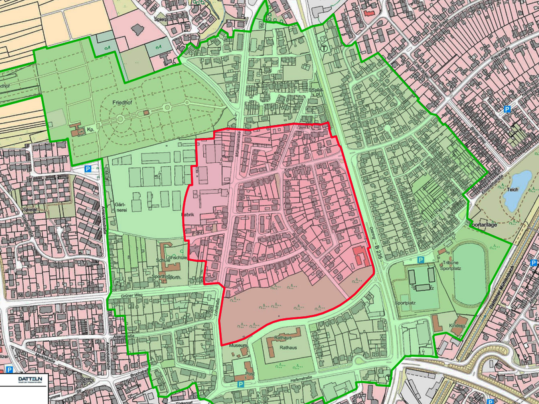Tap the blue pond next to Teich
tap(518, 188)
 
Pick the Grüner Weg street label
tap(132, 295)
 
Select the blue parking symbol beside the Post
tap(240, 384)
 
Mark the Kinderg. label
tap(457, 326)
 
